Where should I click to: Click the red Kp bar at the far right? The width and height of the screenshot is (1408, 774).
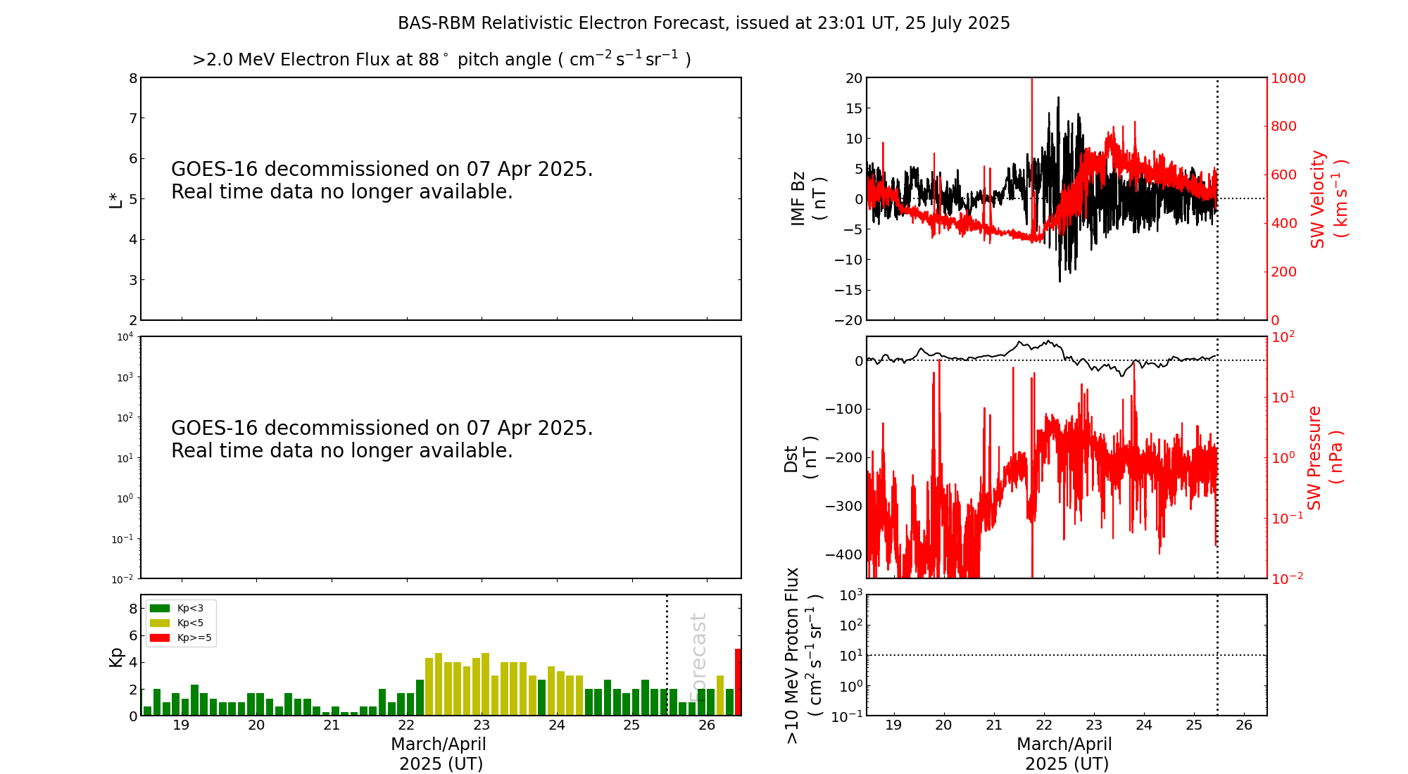pyautogui.click(x=738, y=682)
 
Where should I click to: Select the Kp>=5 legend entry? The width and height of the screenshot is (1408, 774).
pyautogui.click(x=194, y=638)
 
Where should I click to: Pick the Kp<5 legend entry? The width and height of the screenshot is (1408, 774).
pyautogui.click(x=189, y=623)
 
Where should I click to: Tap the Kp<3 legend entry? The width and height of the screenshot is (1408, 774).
pyautogui.click(x=189, y=608)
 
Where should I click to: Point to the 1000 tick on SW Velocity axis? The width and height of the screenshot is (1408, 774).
pyautogui.click(x=1288, y=78)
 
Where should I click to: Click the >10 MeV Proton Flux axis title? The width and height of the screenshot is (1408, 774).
pyautogui.click(x=803, y=655)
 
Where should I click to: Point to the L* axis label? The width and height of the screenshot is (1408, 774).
pyautogui.click(x=115, y=199)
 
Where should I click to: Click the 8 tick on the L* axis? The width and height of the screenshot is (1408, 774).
pyautogui.click(x=132, y=78)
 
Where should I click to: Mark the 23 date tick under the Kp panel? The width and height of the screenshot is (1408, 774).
pyautogui.click(x=482, y=725)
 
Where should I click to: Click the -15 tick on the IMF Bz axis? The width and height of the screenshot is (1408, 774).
pyautogui.click(x=848, y=290)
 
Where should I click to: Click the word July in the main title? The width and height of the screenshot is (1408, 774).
pyautogui.click(x=945, y=23)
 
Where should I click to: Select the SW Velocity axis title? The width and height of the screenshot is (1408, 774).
pyautogui.click(x=1328, y=198)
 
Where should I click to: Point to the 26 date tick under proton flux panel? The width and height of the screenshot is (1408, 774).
pyautogui.click(x=1244, y=725)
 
